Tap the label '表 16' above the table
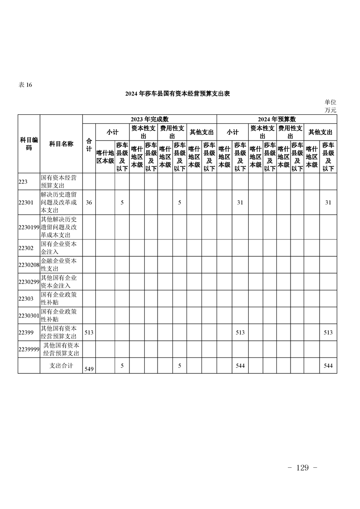click(x=25, y=85)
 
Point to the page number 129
click(x=302, y=468)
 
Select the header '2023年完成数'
click(x=149, y=119)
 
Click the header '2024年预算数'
click(x=277, y=119)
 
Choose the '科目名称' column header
click(x=61, y=144)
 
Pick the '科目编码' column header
click(x=29, y=144)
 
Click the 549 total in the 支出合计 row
click(x=89, y=370)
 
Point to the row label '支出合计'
click(x=61, y=365)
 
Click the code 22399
click(x=26, y=333)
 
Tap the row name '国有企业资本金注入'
click(x=59, y=248)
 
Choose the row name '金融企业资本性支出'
click(x=59, y=265)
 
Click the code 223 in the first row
click(x=23, y=181)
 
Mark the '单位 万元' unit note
click(x=330, y=106)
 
